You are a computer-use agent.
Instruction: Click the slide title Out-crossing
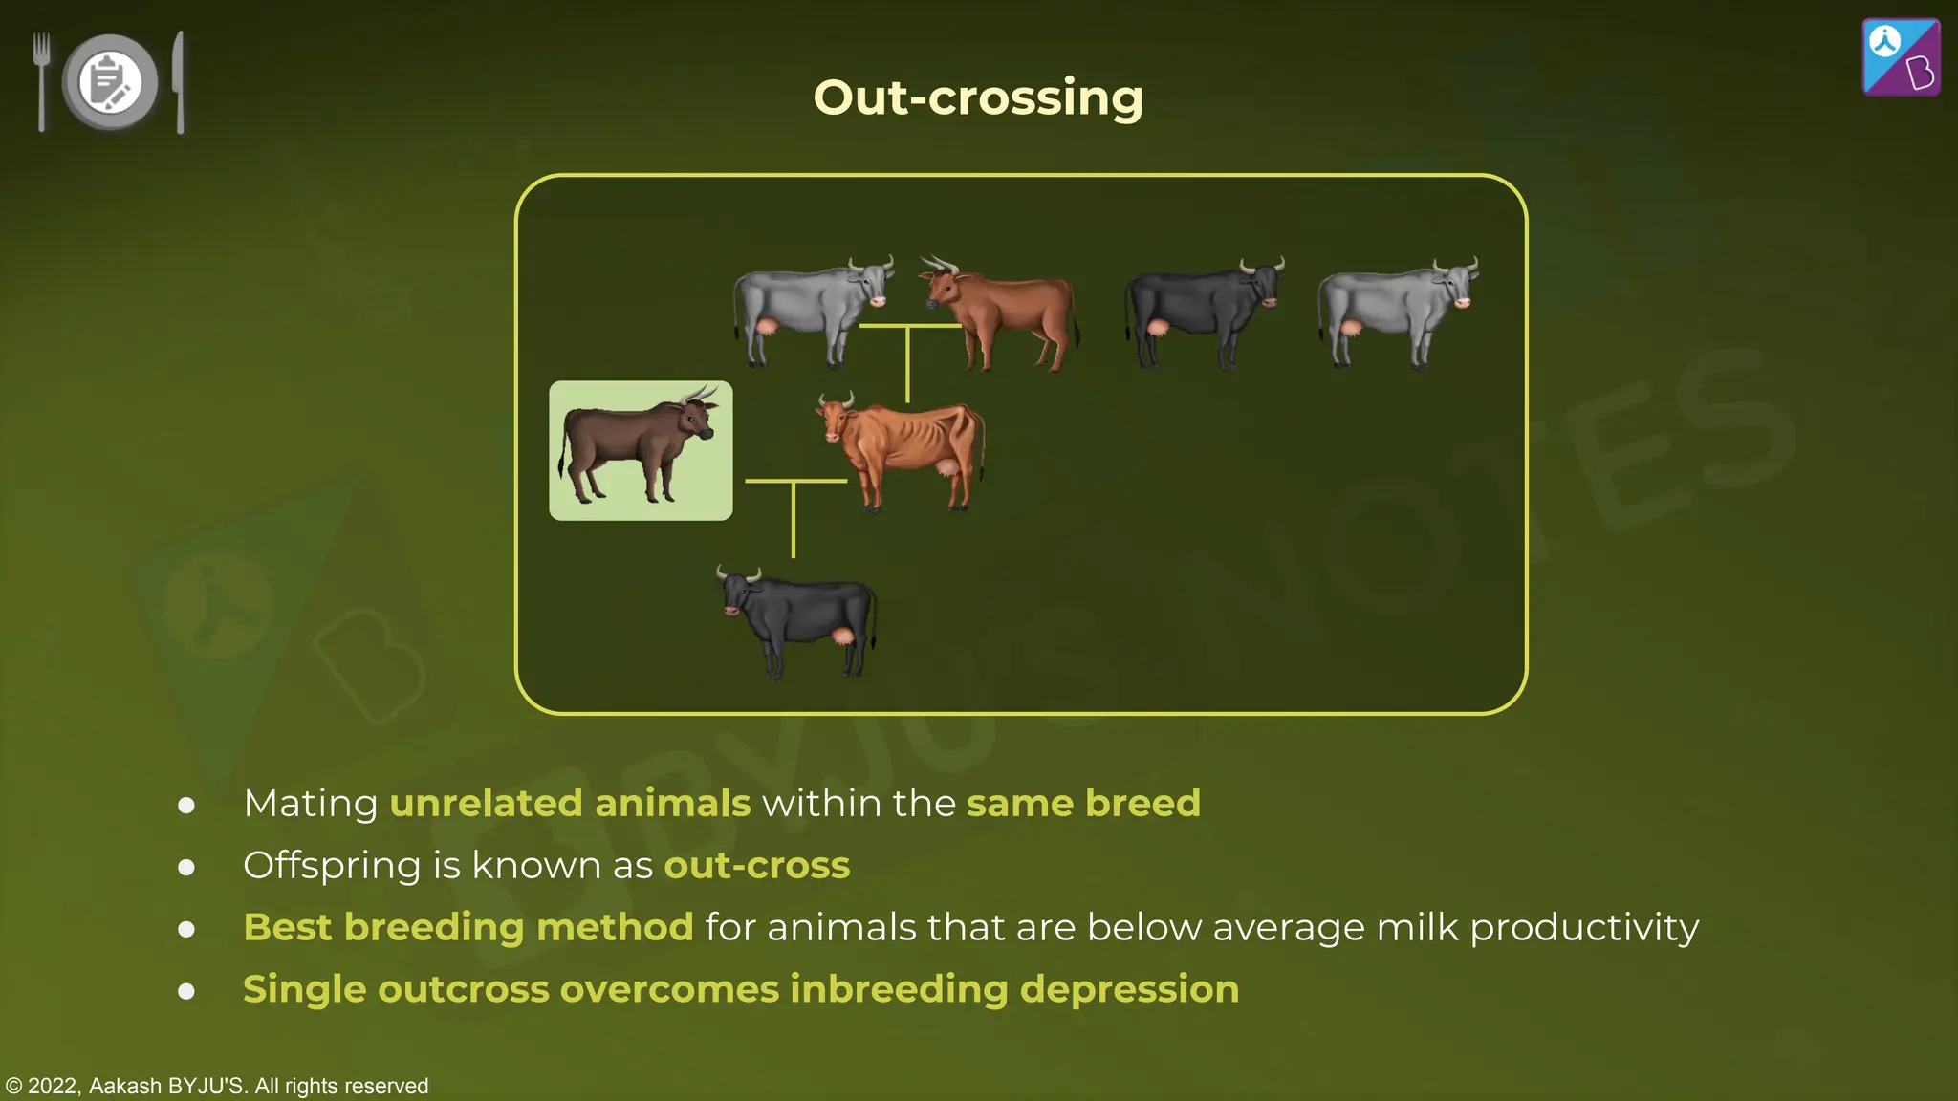[x=977, y=97]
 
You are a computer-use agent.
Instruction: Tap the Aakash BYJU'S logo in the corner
[x=1901, y=57]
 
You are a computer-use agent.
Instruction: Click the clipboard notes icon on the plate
[x=110, y=82]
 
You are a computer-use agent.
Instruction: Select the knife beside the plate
[x=179, y=82]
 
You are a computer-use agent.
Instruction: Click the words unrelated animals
[x=570, y=803]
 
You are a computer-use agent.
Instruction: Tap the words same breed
[x=1083, y=803]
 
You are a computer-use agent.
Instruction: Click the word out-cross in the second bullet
[x=756, y=865]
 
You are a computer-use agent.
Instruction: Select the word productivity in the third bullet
[x=1583, y=928]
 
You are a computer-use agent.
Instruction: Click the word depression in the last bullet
[x=1129, y=989]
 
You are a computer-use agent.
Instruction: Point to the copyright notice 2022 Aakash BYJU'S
[x=217, y=1086]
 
